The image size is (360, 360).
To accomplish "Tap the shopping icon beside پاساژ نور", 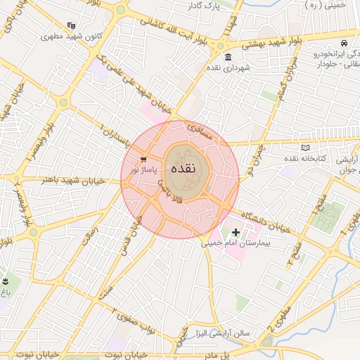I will click(143, 160).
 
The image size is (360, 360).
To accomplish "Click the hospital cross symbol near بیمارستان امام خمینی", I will click(235, 232).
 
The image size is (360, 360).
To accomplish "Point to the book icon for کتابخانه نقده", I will click(304, 148).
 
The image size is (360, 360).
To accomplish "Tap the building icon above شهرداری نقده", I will click(228, 57).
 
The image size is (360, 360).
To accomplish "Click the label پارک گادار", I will click(207, 6).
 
